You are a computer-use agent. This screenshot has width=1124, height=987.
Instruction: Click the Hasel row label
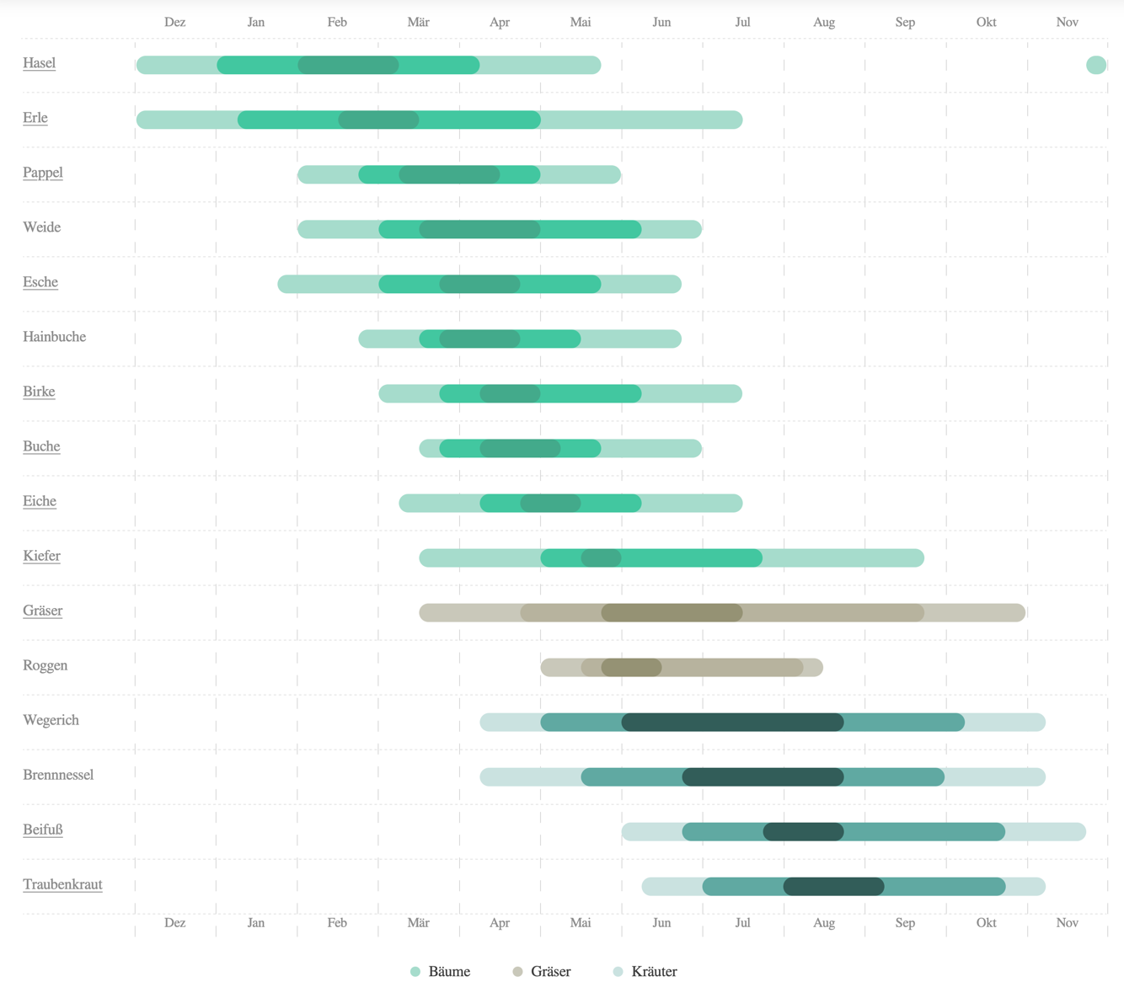[x=39, y=63]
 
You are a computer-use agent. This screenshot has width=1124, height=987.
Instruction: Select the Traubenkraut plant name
[x=62, y=884]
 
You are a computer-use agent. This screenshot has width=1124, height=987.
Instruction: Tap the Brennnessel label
[x=58, y=775]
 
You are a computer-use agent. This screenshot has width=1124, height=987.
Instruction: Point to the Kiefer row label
[x=41, y=556]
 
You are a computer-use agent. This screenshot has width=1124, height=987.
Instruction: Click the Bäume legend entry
[x=440, y=971]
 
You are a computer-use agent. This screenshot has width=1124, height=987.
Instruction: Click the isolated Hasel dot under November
[x=1095, y=65]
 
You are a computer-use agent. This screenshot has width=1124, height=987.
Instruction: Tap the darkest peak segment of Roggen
[x=631, y=667]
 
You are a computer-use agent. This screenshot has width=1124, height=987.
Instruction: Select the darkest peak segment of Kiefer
[x=601, y=558]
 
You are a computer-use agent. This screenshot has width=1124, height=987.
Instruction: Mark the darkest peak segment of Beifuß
[x=803, y=831]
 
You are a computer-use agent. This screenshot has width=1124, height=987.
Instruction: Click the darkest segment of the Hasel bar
[x=348, y=65]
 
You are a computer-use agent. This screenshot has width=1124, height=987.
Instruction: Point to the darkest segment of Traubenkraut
[x=833, y=886]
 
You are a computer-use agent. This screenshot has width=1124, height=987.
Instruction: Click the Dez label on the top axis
[x=175, y=22]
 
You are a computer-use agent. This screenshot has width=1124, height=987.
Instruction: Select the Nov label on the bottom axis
[x=1067, y=922]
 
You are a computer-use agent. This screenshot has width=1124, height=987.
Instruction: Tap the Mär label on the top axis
[x=418, y=22]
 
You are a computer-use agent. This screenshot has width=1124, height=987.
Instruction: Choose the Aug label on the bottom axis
[x=824, y=922]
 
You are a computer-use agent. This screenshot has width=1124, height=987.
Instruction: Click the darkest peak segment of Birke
[x=510, y=393]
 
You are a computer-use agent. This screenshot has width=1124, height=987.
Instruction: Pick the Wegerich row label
[x=51, y=720]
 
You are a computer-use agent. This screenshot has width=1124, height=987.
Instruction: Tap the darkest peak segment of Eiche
[x=550, y=503]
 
